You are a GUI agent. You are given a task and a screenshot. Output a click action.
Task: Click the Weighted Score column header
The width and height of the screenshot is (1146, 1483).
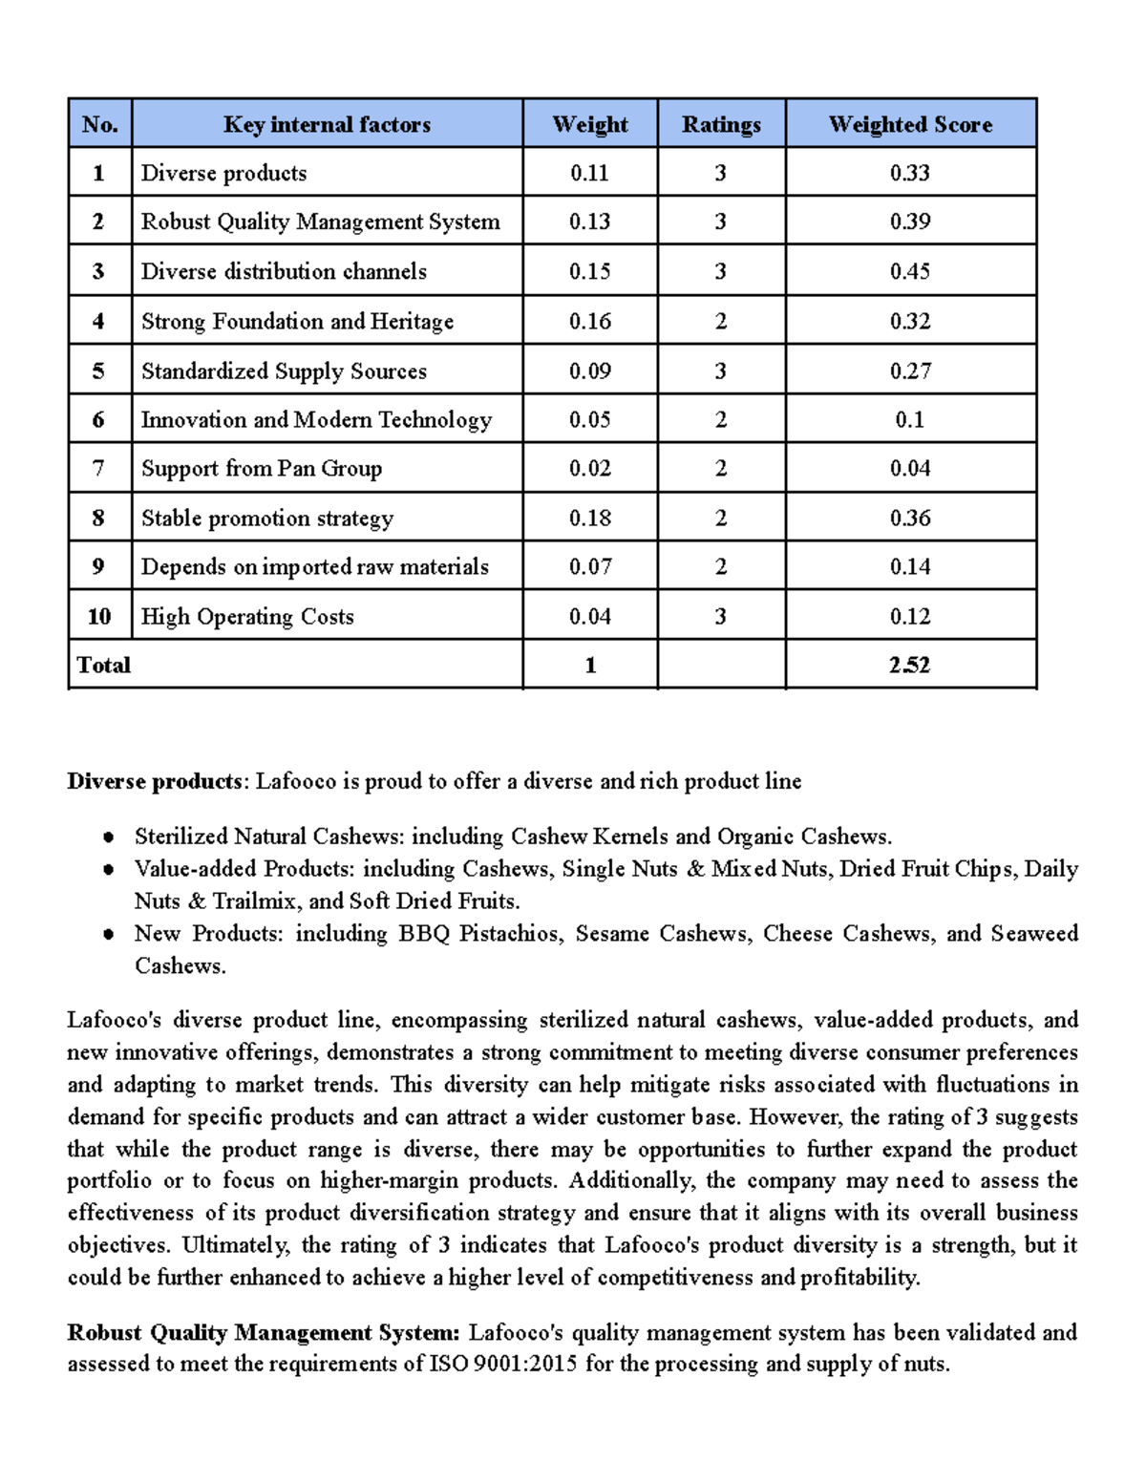pos(910,124)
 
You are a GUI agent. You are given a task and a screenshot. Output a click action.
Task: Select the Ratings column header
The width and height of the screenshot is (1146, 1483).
pos(721,124)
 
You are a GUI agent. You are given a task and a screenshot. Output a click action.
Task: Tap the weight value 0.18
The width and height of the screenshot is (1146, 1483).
pos(589,518)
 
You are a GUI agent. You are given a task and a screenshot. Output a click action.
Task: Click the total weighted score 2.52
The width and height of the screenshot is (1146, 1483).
pos(909,665)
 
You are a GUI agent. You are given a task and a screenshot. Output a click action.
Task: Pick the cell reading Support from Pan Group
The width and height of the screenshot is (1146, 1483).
pos(262,468)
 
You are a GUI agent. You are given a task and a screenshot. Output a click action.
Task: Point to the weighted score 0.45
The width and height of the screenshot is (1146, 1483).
pos(910,271)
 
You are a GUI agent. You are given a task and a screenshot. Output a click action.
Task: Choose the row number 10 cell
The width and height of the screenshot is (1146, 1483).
pos(99,616)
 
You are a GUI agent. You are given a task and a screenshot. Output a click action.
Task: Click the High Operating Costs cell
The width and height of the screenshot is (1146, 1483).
pos(247,616)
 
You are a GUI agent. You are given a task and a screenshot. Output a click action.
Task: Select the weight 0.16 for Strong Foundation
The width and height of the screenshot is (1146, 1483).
pos(589,321)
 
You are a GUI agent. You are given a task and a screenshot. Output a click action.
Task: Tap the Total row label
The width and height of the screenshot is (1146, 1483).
pos(104,665)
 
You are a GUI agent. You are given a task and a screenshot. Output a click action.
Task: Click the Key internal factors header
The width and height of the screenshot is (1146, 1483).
pos(327,124)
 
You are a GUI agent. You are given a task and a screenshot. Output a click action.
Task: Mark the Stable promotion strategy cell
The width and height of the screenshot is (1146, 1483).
pos(267,518)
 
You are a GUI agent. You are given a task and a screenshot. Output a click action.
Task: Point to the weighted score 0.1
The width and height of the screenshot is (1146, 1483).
pos(910,419)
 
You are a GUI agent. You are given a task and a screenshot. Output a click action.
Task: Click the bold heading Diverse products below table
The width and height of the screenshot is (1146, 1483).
pos(155,781)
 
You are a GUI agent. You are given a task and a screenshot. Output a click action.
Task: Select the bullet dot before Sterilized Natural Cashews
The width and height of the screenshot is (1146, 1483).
pos(109,837)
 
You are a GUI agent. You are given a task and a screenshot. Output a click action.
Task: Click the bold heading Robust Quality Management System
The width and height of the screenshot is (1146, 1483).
pos(263,1332)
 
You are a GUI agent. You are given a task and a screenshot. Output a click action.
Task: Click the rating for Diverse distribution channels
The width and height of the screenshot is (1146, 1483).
pos(721,271)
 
